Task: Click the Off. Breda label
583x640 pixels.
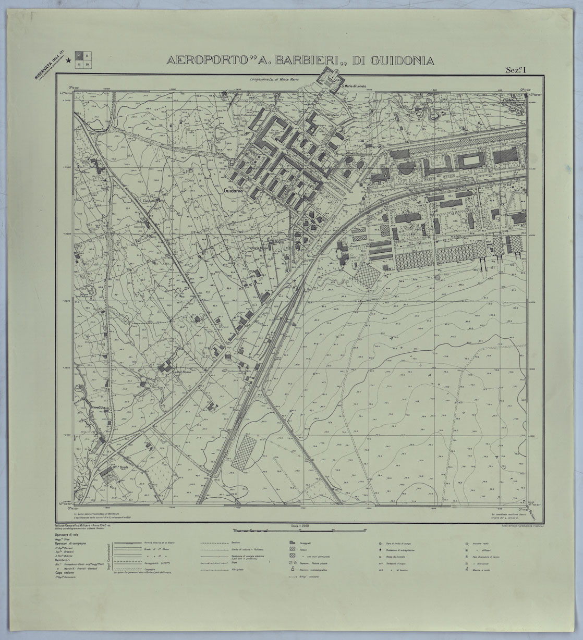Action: click(120, 468)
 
